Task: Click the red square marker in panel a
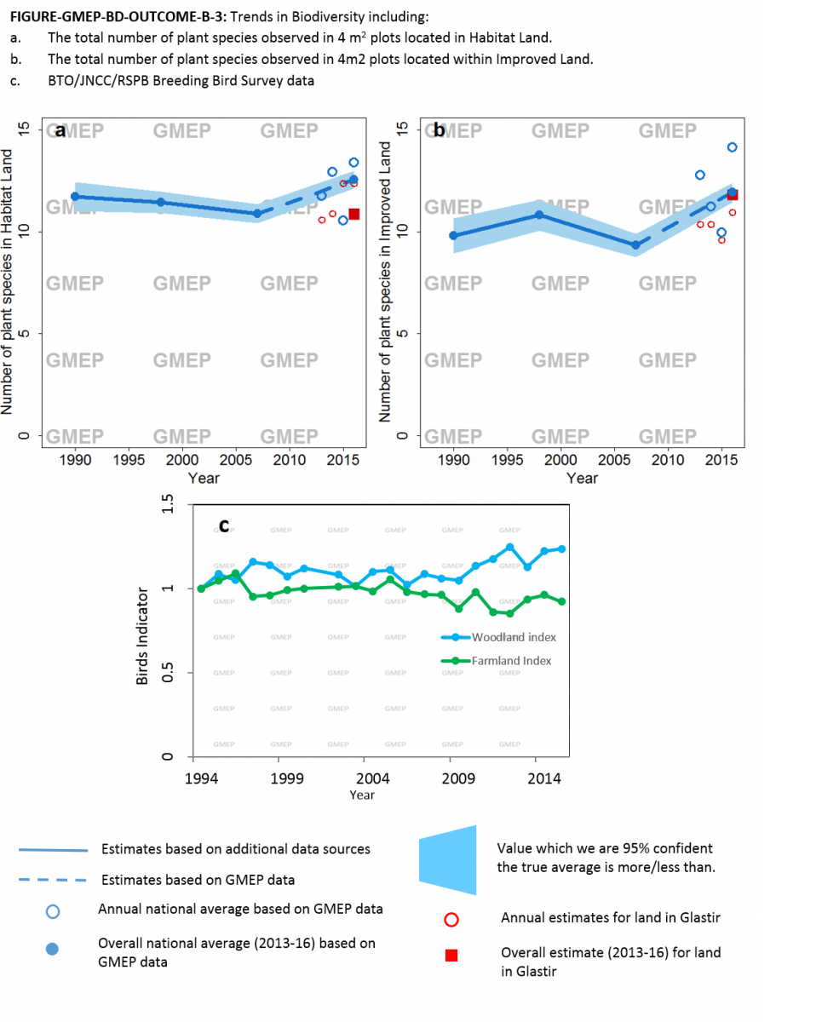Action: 354,214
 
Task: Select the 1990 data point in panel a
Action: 75,197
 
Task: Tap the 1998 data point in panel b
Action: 538,215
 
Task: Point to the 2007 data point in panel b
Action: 635,244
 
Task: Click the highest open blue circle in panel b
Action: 732,147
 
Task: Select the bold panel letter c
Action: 224,525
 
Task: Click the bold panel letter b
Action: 439,130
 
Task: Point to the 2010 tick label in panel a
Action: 290,461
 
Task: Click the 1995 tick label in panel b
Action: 507,461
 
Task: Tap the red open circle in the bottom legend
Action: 451,919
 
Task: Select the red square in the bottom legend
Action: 451,955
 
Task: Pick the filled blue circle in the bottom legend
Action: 52,950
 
